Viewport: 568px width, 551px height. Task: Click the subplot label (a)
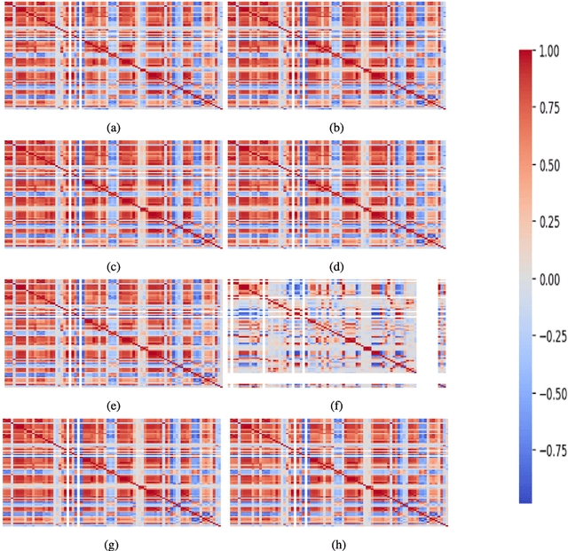tap(113, 128)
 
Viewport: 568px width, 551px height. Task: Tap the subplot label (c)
tap(113, 267)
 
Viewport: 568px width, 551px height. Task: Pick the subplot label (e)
tap(113, 405)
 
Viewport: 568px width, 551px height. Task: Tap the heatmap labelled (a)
tap(113, 56)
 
